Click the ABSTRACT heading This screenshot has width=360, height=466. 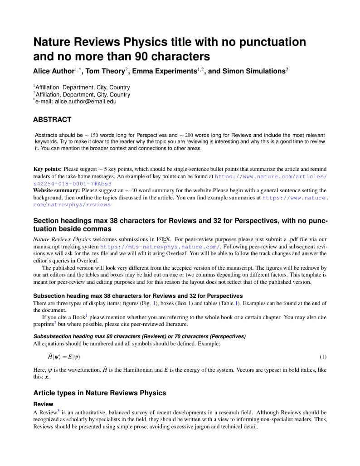(52, 120)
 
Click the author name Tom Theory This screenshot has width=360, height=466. (105, 71)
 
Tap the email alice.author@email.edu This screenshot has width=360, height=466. (86, 102)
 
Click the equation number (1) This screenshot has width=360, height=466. (323, 357)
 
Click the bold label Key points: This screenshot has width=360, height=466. (48, 169)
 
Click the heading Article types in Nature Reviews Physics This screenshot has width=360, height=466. (100, 393)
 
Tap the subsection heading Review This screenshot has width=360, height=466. (43, 404)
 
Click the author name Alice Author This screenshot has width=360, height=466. (54, 71)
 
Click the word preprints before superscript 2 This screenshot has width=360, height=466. (44, 325)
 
